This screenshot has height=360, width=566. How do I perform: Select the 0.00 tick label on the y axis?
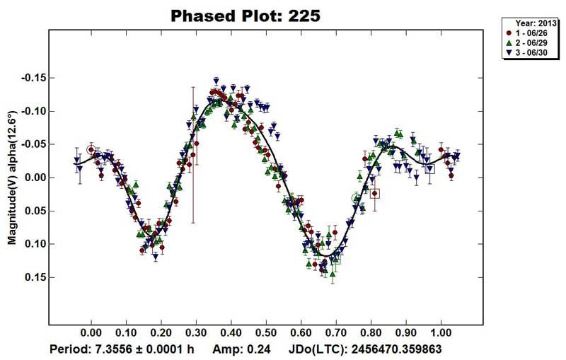[33, 178]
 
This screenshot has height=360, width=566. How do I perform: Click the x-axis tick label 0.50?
[266, 331]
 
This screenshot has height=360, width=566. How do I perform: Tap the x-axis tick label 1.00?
[441, 331]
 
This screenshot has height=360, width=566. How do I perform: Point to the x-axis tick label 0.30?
[196, 331]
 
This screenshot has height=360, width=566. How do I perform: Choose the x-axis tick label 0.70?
[336, 331]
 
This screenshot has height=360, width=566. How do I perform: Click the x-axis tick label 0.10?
[126, 331]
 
